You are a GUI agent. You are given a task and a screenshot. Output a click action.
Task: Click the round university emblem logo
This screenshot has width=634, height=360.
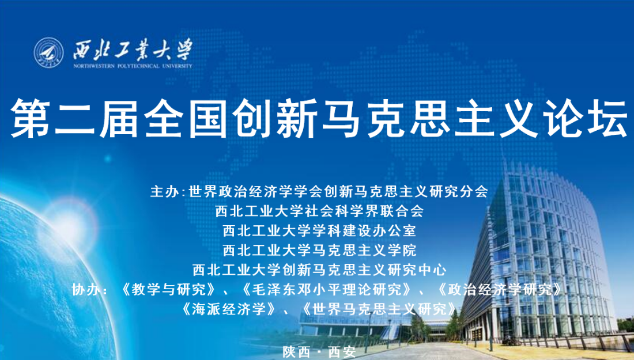(48, 52)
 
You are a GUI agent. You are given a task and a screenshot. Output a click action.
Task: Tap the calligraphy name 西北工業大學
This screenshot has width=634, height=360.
(133, 50)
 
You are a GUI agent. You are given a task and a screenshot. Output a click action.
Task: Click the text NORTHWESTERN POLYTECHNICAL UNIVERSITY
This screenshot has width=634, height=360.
(133, 66)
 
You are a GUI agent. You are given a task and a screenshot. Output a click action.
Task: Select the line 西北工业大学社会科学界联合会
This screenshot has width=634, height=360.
(319, 210)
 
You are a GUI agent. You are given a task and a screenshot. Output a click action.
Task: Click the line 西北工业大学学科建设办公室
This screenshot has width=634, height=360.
(319, 230)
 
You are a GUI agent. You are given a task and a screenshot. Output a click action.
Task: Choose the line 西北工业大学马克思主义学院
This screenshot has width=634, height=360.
(319, 250)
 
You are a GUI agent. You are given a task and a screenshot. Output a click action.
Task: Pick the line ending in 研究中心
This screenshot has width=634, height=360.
(319, 270)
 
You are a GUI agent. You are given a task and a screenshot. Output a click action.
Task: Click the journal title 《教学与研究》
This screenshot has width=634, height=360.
(168, 289)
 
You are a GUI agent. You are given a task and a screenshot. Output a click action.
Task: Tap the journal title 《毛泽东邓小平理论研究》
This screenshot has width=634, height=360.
(327, 289)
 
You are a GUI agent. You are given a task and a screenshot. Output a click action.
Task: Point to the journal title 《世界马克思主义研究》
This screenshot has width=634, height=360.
(379, 309)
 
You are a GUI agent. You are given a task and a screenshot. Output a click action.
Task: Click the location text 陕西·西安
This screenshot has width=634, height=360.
(319, 352)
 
